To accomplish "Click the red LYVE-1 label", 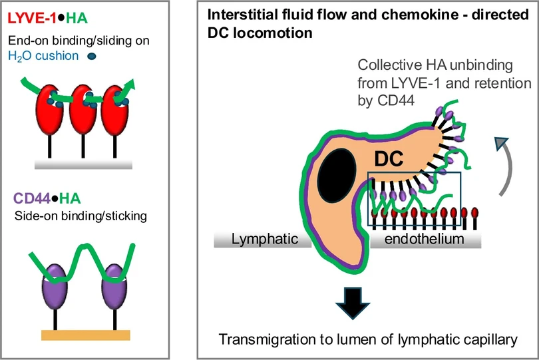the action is click(x=32, y=18).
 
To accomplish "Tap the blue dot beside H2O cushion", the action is click(x=92, y=57).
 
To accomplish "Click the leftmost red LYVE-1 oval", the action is click(x=49, y=109).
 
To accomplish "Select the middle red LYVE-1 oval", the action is click(x=83, y=109).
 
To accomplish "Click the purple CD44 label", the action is click(x=32, y=198).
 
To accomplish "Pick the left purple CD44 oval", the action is click(x=55, y=287).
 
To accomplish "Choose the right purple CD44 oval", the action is click(x=114, y=287).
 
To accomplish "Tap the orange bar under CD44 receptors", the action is click(x=86, y=335).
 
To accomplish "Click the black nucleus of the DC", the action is click(x=337, y=176).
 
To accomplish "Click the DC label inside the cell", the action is click(x=389, y=159).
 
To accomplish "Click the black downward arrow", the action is click(x=353, y=303).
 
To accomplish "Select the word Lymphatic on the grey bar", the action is click(x=265, y=239).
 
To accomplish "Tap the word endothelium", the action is click(x=424, y=239).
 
